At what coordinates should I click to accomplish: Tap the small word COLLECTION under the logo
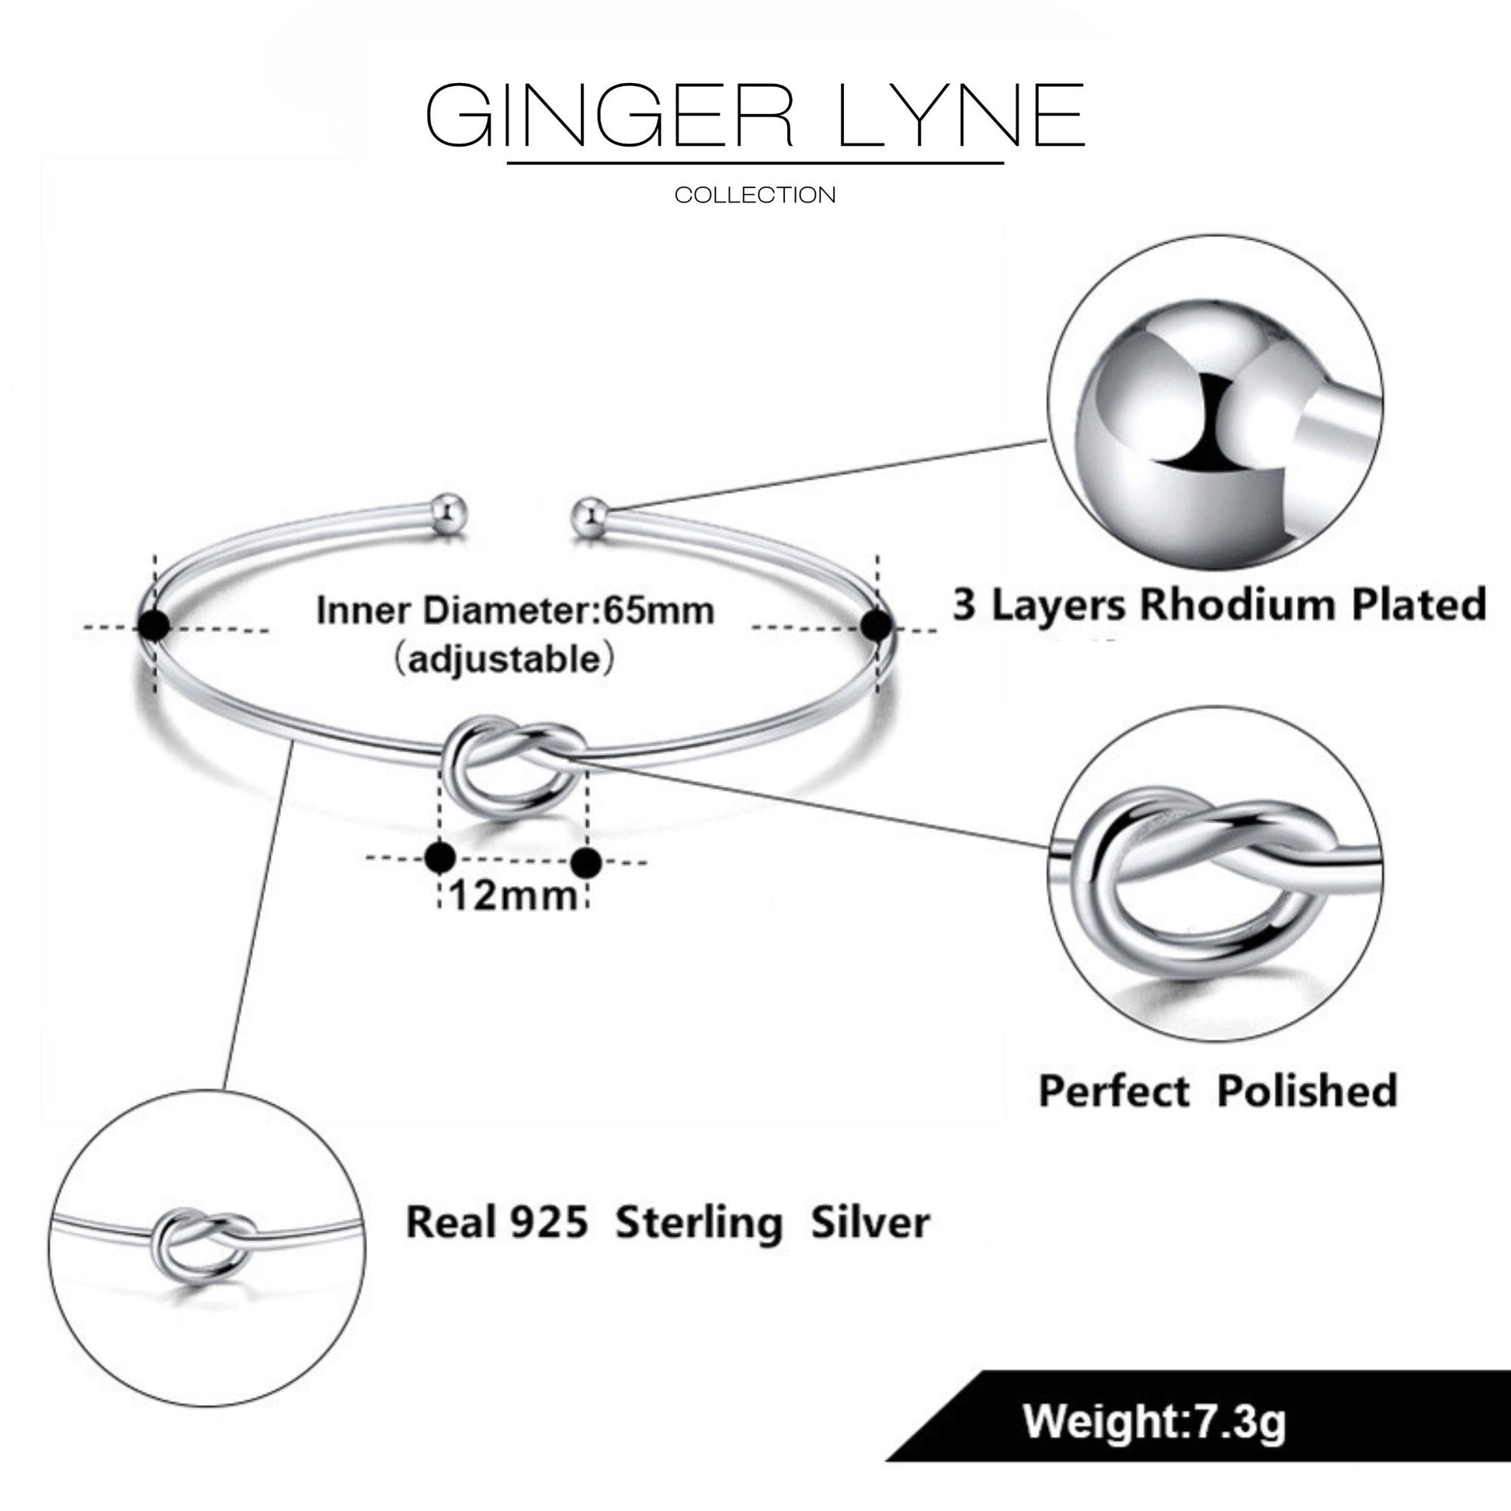(x=755, y=195)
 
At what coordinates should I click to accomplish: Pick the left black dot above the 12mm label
(x=439, y=858)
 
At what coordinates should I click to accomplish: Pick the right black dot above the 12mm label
(x=586, y=862)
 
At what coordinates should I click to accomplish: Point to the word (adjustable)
(x=505, y=659)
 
